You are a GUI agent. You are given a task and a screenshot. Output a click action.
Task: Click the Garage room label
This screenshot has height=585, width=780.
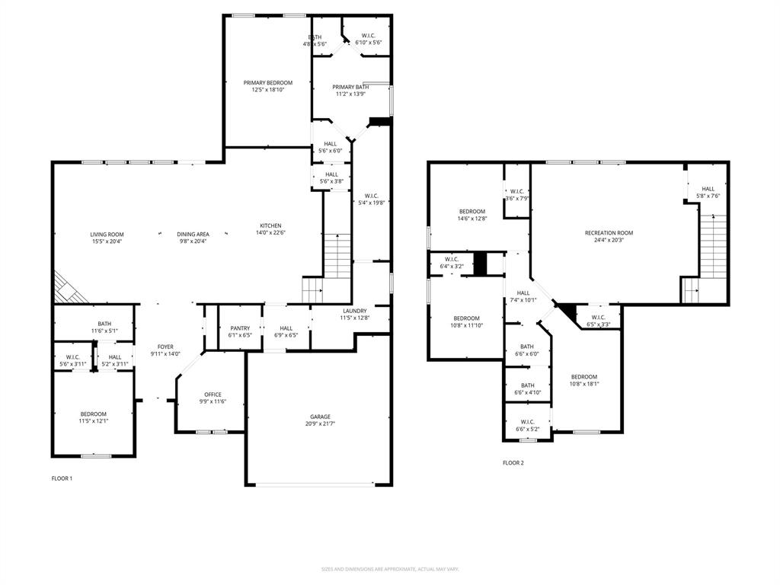coord(320,417)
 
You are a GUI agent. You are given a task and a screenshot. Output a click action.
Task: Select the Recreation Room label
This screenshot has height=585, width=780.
coord(609,233)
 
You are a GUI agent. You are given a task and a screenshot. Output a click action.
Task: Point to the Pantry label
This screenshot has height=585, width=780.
coord(240,328)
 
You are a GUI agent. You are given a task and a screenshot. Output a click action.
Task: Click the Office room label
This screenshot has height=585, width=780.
coord(213,395)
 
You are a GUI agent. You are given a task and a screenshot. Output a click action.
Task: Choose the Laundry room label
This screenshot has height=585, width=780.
coord(354,311)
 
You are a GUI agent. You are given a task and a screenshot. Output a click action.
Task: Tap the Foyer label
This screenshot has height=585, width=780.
coord(165,347)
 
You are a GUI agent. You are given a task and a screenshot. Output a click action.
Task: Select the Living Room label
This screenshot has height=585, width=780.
coord(107,235)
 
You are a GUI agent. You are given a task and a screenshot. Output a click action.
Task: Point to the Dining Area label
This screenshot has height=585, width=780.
coord(193,235)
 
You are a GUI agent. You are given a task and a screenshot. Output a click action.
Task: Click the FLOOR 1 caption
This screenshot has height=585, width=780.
coord(61,478)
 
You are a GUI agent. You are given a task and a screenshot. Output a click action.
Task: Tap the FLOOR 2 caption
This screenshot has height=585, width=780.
coord(513,462)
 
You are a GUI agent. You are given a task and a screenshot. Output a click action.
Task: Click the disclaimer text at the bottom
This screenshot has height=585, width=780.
coord(390,569)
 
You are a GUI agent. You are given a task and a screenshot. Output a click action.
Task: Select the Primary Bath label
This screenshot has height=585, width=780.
coord(350,87)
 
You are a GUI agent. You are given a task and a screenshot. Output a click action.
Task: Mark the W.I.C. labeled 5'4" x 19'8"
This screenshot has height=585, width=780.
coord(372,199)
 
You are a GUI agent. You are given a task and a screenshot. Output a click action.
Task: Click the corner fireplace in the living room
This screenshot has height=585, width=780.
coord(66,289)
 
